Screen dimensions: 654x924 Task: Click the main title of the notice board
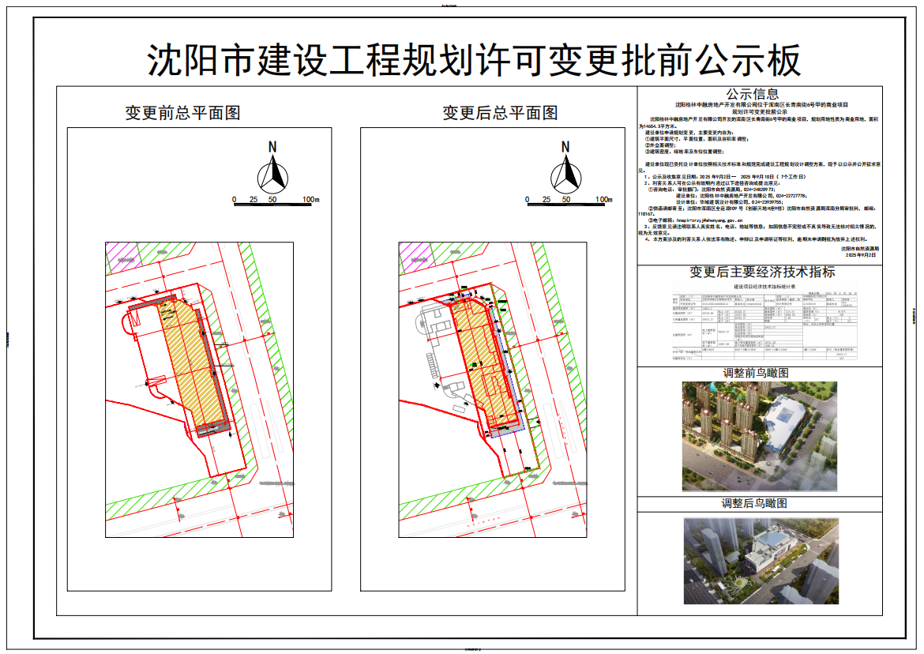474,60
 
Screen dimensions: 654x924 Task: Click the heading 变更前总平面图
182,113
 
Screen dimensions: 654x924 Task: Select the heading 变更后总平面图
500,113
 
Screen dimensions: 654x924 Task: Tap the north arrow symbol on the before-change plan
272,175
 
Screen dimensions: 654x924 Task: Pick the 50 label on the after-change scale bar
565,200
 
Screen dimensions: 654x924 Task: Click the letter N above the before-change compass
272,147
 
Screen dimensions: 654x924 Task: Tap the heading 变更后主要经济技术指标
762,272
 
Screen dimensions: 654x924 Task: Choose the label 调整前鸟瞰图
756,373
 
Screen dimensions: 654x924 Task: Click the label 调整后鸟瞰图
756,503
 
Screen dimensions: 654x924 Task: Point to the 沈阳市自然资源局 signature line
856,248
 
